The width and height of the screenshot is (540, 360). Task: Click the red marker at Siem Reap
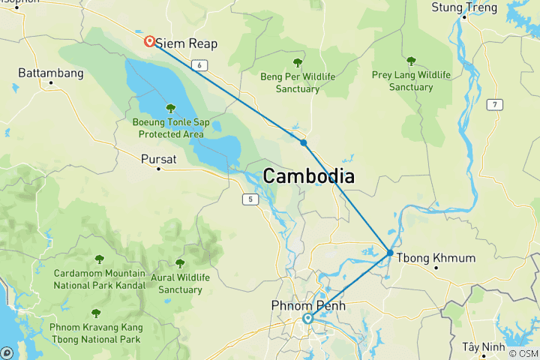tap(150, 41)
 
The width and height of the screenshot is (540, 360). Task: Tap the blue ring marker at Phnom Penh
tap(307, 319)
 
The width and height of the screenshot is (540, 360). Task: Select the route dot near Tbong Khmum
tap(390, 253)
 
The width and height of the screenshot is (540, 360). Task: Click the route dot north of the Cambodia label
tap(303, 142)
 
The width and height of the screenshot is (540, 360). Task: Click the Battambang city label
tap(51, 75)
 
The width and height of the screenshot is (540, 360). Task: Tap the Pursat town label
tap(158, 159)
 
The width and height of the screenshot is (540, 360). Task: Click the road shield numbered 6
tap(199, 66)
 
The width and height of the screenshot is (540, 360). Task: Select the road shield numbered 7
tap(495, 104)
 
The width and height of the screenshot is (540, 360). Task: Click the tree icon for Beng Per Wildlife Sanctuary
tap(298, 63)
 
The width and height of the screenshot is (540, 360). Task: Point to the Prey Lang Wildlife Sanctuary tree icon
tap(411, 61)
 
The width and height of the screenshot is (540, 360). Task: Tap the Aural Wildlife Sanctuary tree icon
tap(180, 263)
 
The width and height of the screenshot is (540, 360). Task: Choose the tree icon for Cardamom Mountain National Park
tap(99, 259)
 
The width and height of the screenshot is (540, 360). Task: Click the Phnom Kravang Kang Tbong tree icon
tap(95, 313)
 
